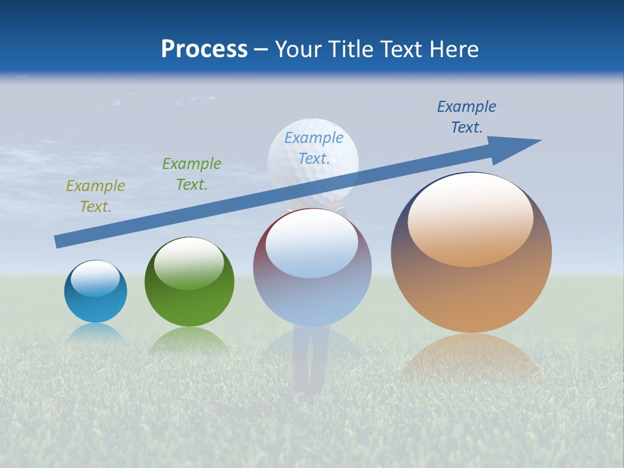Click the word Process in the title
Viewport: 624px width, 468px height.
coord(204,49)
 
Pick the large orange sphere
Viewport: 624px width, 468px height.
coord(471,292)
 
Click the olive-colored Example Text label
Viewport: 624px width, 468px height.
coord(96,196)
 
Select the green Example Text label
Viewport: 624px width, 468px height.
coord(192,174)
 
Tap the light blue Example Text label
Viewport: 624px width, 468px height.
coord(314,148)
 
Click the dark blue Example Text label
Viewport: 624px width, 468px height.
coord(467,117)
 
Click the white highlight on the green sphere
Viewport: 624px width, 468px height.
coord(189,263)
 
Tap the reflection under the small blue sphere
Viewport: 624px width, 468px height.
coord(96,333)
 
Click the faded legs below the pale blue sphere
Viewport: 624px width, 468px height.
coord(310,364)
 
